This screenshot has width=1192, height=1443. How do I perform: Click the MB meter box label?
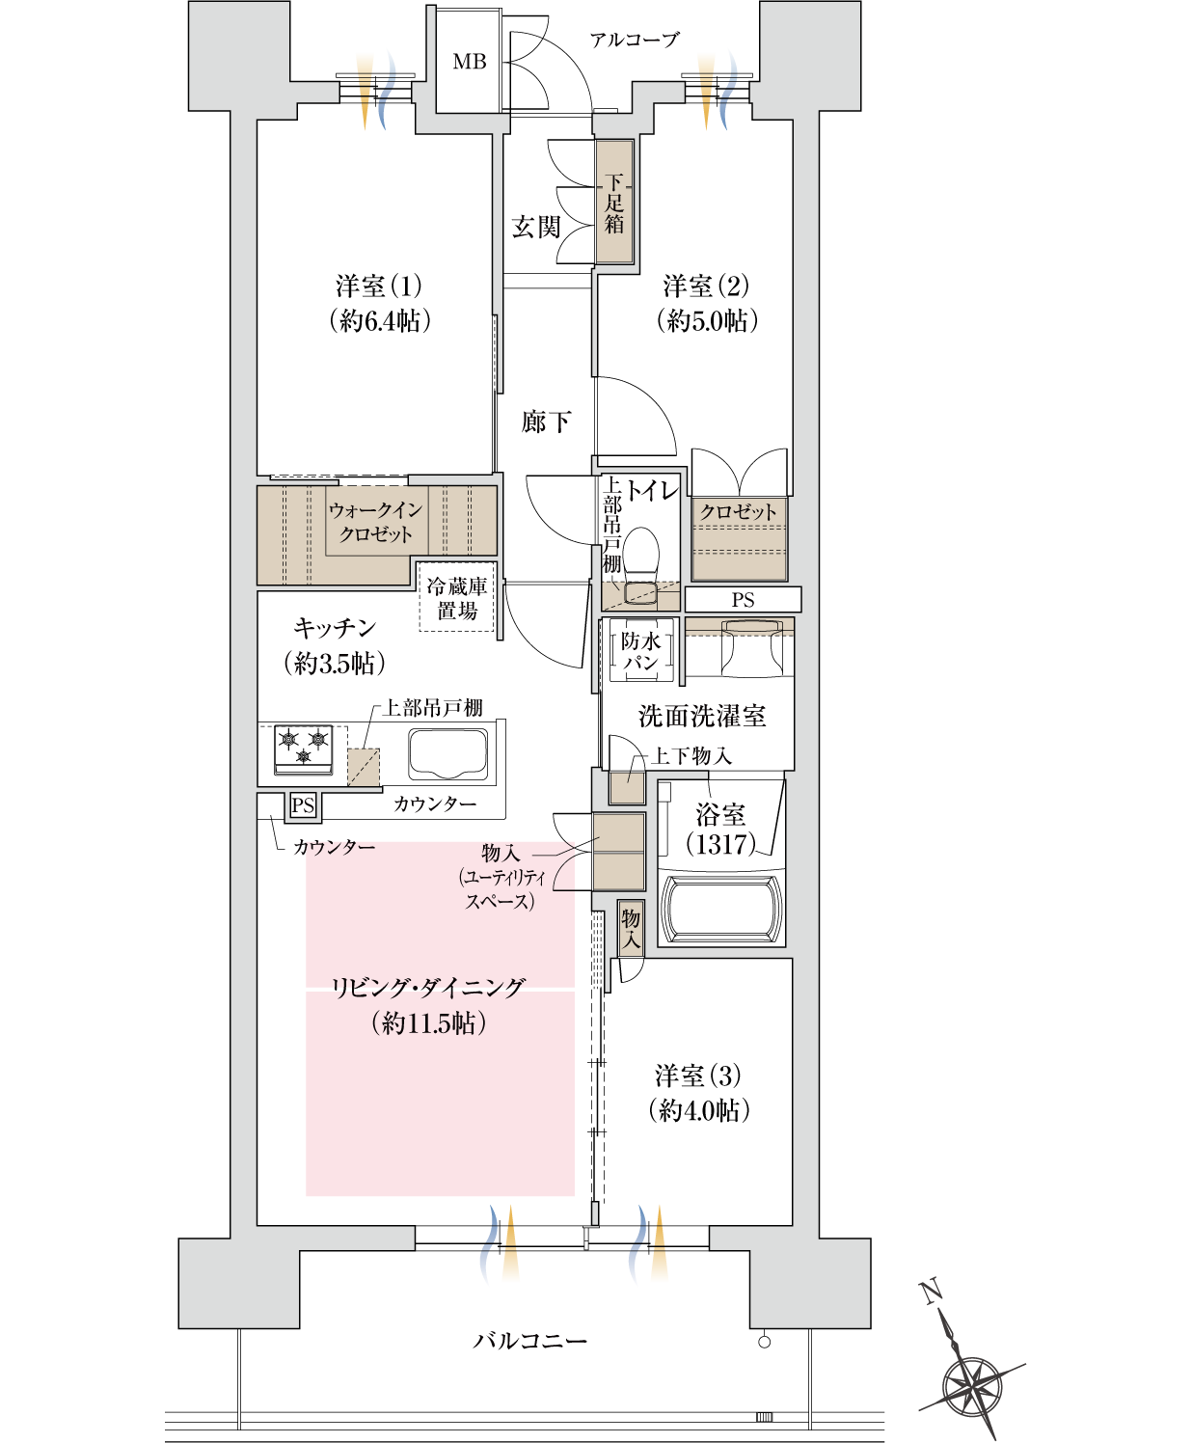(x=470, y=62)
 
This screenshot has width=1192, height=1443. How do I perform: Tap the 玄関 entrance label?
(x=536, y=228)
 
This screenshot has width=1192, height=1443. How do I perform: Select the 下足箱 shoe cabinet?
(x=614, y=203)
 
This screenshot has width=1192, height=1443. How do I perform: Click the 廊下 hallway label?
(x=546, y=422)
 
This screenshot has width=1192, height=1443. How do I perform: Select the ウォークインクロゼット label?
(x=375, y=522)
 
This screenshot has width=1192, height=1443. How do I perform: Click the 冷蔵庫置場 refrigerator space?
(x=457, y=598)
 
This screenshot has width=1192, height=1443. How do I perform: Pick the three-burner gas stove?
(x=304, y=749)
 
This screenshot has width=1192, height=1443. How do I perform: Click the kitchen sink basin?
(x=447, y=752)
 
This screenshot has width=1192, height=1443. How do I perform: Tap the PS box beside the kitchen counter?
(x=303, y=805)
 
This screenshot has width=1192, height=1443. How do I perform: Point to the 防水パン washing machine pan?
(x=640, y=651)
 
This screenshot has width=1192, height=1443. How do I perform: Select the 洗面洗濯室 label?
(x=702, y=717)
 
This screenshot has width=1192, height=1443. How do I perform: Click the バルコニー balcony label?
(x=529, y=1341)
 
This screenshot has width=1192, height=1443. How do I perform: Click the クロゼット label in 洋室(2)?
(x=738, y=512)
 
